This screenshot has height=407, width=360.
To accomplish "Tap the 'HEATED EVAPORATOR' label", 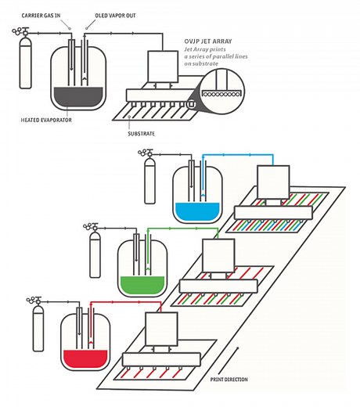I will (x=43, y=121).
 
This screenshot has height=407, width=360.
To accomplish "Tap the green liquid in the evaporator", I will (x=139, y=281).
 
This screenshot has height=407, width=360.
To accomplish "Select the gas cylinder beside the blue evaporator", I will (x=150, y=185).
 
